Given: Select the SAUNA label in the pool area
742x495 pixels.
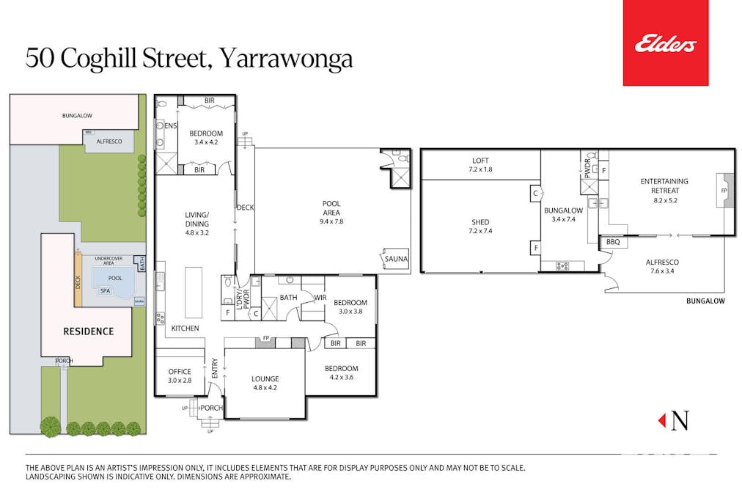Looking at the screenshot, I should point(395,259).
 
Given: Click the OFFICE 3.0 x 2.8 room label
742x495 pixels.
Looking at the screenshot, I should point(180,376).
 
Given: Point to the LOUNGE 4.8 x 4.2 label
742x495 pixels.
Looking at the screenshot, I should point(265,384).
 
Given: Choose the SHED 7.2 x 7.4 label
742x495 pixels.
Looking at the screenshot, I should point(480,227).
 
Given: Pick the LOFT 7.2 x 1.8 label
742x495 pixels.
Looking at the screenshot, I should point(480,165).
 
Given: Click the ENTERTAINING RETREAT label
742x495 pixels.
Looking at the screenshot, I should point(664,186).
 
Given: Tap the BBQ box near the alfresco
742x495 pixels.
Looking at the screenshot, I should point(613,241).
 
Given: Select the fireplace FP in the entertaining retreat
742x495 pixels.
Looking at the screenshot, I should point(724,191).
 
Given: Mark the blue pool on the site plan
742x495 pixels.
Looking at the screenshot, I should point(114,279).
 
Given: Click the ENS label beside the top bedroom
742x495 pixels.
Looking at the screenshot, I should point(171,126).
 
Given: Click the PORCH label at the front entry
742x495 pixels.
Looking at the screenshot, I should point(212,408).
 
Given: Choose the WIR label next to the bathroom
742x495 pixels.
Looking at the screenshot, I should point(320,298).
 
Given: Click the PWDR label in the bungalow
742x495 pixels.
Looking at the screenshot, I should point(587,165).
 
